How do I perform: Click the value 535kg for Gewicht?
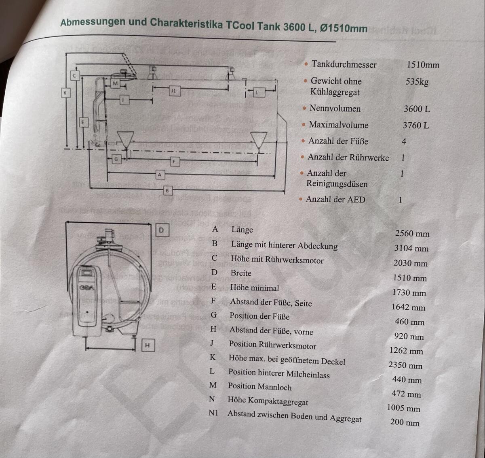tap(417, 81)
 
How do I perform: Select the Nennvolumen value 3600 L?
tap(416, 109)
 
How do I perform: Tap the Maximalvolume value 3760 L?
tap(415, 125)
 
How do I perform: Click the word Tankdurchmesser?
tap(344, 64)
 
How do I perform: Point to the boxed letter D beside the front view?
tap(161, 230)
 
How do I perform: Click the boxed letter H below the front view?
tap(148, 345)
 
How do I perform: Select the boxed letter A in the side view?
tap(160, 175)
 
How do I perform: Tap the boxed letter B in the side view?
tap(167, 190)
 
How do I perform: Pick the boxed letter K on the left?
tap(65, 93)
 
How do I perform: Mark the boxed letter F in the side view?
tap(174, 162)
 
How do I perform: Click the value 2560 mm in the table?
tap(412, 234)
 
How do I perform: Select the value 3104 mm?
tap(411, 248)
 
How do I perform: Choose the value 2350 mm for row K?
tap(405, 365)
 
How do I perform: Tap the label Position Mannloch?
tap(259, 387)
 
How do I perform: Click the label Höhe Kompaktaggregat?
tap(268, 401)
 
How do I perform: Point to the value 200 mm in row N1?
tap(405, 422)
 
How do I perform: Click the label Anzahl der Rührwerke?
tap(348, 158)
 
